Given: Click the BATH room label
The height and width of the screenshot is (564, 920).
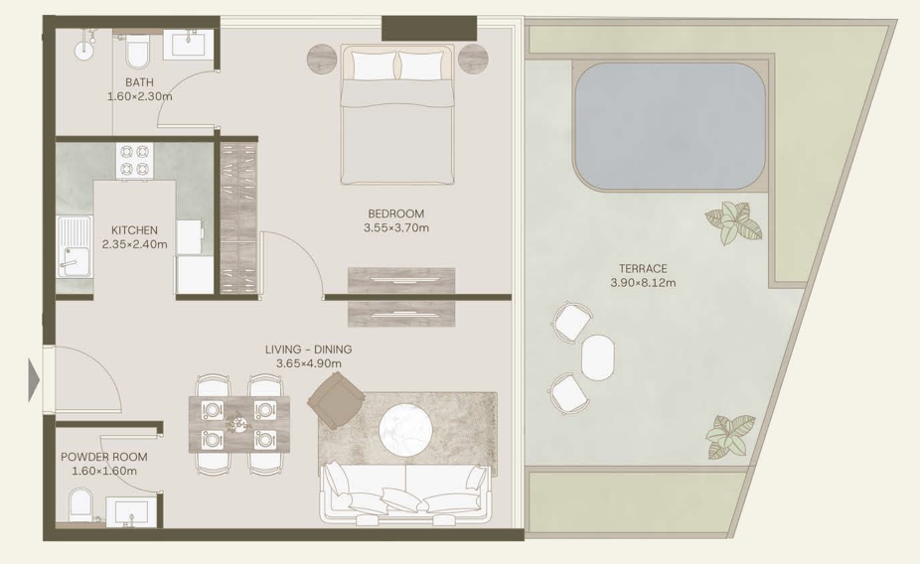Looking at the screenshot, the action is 139,82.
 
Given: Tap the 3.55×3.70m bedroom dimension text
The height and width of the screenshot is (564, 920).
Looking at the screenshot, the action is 396,228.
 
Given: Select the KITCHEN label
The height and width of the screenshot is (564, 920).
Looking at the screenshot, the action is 134,230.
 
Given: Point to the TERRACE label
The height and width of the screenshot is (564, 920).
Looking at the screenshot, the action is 643,268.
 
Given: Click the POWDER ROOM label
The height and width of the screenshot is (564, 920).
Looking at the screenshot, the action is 104,457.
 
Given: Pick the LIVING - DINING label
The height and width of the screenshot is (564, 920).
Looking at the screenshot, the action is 309,350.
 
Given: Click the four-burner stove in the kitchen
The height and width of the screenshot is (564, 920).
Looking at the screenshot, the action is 134,161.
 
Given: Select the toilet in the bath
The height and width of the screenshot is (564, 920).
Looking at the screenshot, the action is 138,53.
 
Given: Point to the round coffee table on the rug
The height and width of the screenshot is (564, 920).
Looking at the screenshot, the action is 406,431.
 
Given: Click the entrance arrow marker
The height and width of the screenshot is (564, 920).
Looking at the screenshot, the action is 34,380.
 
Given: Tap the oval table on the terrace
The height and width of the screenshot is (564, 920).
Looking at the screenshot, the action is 598,357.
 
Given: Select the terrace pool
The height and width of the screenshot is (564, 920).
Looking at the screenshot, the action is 670,126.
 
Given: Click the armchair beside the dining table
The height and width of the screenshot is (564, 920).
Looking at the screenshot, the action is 336,401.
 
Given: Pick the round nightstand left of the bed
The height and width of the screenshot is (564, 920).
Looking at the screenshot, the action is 322,60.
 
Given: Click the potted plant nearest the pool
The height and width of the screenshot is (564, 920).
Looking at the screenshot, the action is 733,222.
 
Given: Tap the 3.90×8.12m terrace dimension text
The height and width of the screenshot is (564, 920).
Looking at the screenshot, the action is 643,283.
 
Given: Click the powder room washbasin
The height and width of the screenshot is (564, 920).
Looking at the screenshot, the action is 131,511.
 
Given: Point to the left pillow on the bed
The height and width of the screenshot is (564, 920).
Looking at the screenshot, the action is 375,66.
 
